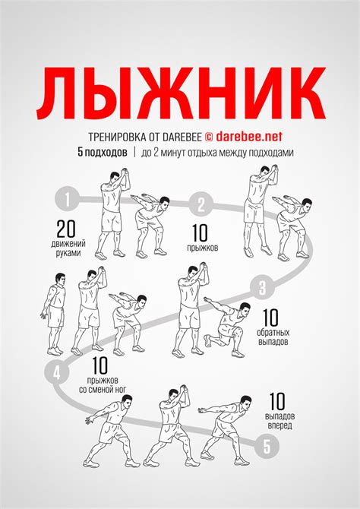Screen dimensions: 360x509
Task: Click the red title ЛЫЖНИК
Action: pos(181,93)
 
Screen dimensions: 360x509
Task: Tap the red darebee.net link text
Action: pos(248,137)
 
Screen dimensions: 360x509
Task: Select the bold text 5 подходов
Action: pos(103,153)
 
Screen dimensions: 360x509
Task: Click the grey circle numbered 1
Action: pos(67,200)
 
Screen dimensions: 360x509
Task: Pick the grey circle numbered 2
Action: pos(201,204)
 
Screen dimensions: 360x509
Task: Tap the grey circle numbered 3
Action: pos(262,288)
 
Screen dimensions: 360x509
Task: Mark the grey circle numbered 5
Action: pos(267,447)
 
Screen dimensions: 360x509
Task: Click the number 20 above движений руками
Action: pos(66,229)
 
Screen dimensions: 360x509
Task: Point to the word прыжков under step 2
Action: pos(202,248)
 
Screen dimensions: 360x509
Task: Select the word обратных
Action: pos(273,333)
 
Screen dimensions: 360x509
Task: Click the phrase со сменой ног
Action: pos(103,389)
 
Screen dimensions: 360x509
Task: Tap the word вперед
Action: pos(279,425)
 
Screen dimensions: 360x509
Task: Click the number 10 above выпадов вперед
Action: pos(277,402)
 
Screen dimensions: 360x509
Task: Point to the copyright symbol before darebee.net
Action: pos(209,137)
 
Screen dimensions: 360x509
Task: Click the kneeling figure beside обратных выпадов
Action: pos(225,328)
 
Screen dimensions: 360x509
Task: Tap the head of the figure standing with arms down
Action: pos(60,279)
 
